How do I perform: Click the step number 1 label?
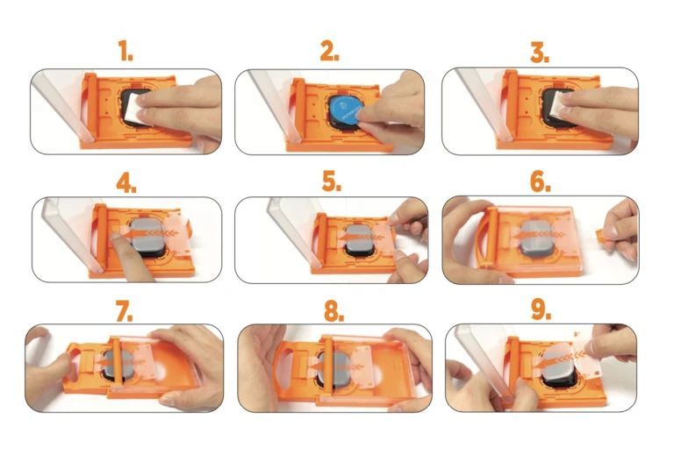[x=126, y=52]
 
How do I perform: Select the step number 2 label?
[x=329, y=52]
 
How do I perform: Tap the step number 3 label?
[x=539, y=52]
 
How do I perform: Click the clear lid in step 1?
[x=58, y=105]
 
